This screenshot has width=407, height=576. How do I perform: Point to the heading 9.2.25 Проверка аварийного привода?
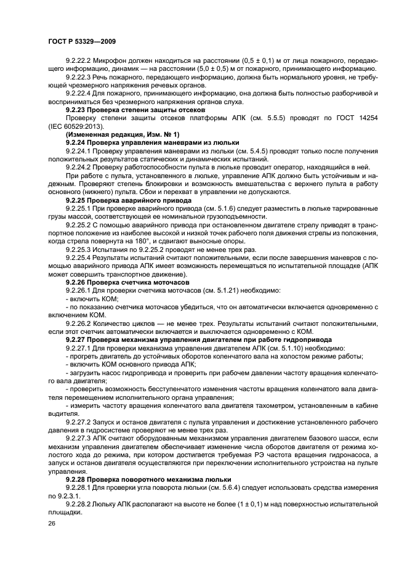tap(121, 200)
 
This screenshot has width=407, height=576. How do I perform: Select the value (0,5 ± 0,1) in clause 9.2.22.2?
tap(266, 62)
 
